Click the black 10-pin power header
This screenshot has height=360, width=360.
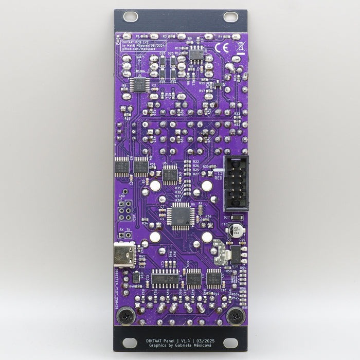[236, 183]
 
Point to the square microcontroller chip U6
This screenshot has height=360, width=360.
[180, 215]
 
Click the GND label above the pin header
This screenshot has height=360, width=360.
[122, 195]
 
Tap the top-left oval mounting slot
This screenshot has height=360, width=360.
[130, 16]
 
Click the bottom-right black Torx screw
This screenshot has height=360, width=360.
[235, 315]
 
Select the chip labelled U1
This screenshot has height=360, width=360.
[139, 84]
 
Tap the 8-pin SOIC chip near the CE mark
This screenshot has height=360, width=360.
[196, 53]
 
